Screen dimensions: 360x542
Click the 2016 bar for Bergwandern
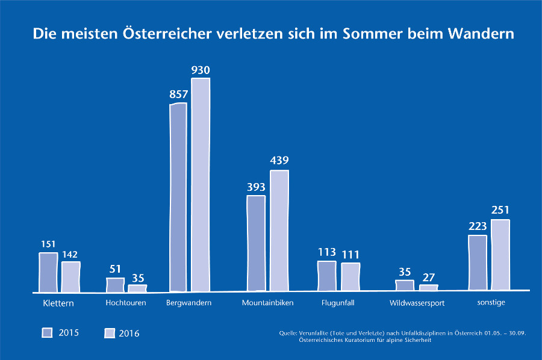click(201, 185)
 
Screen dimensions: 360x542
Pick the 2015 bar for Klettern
click(48, 272)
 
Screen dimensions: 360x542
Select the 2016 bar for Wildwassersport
click(428, 287)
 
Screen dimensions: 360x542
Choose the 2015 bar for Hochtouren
click(115, 285)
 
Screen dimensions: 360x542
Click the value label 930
click(201, 70)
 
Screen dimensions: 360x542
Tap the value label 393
click(256, 187)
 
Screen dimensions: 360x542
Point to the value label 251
click(500, 210)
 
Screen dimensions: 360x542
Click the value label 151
click(48, 244)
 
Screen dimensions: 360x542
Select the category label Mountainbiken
click(267, 303)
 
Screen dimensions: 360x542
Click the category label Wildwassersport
click(417, 303)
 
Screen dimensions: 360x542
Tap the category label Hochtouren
click(125, 303)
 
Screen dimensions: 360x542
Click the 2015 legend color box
click(47, 332)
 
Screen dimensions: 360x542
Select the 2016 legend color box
click(110, 332)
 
